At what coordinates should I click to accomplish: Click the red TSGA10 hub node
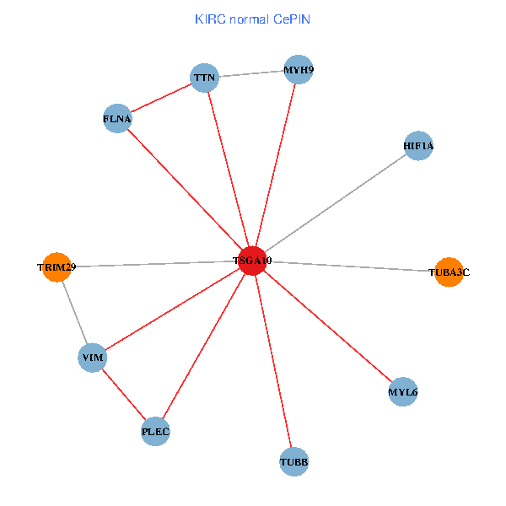click(253, 261)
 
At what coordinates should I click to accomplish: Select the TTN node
click(206, 78)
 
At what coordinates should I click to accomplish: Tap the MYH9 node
click(299, 69)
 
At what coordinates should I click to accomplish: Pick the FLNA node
click(117, 119)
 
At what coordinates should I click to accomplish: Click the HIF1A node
click(418, 146)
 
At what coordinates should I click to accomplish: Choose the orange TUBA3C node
click(449, 272)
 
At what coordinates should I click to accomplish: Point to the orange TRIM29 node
click(57, 267)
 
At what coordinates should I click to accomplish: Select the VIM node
click(92, 358)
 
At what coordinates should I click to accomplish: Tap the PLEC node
click(156, 432)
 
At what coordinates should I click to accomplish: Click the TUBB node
click(293, 462)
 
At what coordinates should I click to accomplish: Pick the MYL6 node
click(403, 392)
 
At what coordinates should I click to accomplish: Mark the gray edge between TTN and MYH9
click(252, 74)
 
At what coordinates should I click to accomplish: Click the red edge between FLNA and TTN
click(162, 99)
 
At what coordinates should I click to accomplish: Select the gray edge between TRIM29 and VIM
click(74, 312)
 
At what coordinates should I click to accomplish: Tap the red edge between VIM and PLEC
click(124, 395)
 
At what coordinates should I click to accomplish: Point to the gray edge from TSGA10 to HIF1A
click(336, 203)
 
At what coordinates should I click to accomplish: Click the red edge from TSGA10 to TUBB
click(273, 361)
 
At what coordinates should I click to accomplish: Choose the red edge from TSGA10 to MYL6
click(328, 326)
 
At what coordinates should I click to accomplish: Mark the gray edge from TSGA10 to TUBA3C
click(351, 266)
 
